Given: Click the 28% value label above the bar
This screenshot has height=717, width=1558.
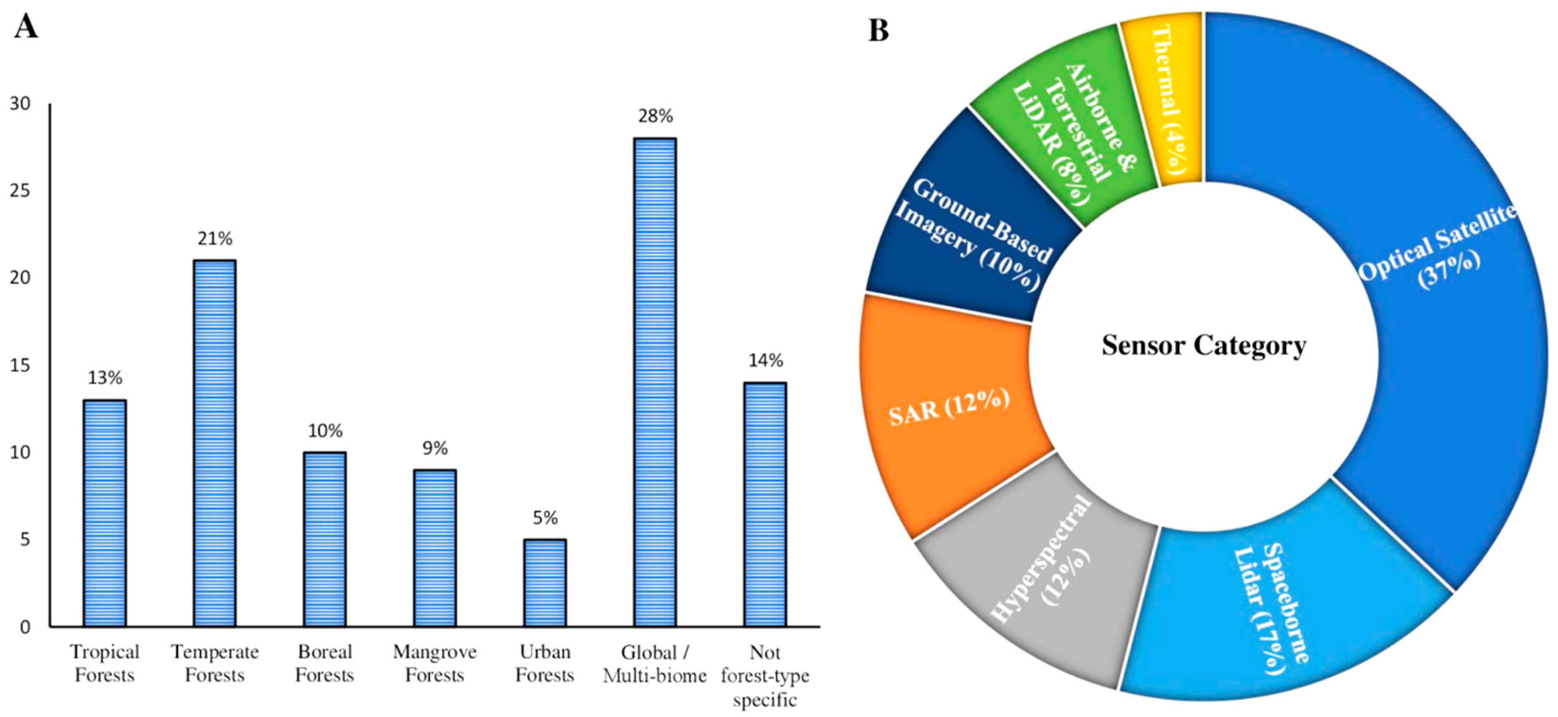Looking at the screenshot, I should click(655, 115).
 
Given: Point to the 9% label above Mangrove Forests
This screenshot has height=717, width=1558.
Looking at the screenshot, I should click(435, 448).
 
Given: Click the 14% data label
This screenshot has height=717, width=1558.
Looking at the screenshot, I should click(766, 361).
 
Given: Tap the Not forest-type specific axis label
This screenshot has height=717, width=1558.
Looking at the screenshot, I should click(765, 676).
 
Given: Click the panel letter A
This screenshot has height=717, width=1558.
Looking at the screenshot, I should click(26, 27).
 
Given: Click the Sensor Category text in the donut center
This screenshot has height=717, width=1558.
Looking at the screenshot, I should click(1203, 346).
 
